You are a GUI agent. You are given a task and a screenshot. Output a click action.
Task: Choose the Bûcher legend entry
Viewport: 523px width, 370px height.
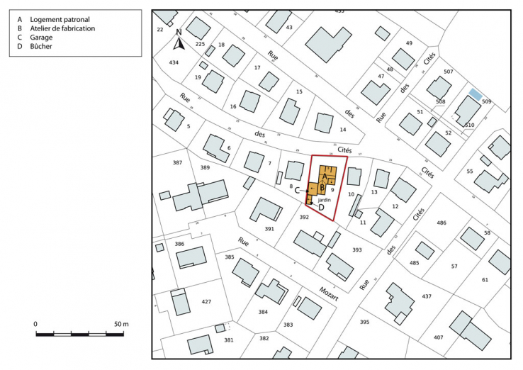coord(44,47)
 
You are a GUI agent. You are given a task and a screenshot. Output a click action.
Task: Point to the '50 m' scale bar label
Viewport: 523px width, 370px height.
coord(120,324)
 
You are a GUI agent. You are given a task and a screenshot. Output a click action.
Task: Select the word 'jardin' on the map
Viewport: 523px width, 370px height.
coord(324,201)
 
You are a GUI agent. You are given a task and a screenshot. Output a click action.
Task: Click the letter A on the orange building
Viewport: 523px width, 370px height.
coord(324,177)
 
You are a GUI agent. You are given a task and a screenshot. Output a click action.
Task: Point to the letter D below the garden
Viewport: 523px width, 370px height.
coord(320,208)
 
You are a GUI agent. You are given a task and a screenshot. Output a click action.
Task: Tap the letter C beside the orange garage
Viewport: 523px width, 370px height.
coord(298,189)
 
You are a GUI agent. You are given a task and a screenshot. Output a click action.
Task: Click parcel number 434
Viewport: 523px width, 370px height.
coord(174,62)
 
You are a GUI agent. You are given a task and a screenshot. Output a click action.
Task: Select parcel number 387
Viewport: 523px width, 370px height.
coord(177,163)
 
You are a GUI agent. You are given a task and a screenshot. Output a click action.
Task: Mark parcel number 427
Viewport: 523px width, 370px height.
coord(206,302)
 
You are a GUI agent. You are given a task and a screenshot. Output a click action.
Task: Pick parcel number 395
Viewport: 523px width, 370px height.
coord(364,323)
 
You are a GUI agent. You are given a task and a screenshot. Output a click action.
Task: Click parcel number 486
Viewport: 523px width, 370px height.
coord(442,223)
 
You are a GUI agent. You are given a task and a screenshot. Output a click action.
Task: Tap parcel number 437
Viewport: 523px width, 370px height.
coord(427,296)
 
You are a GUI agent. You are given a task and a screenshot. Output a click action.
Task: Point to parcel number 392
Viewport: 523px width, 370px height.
coord(304,217)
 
